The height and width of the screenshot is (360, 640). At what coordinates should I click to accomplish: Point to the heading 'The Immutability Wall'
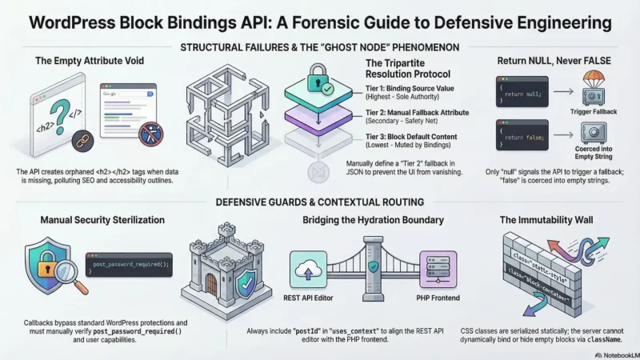[549, 220]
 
